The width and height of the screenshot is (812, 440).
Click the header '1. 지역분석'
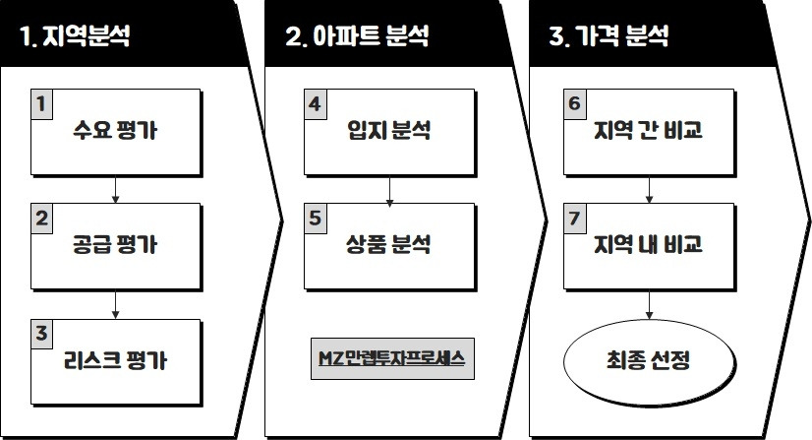(76, 38)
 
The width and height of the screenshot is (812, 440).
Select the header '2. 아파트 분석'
(356, 38)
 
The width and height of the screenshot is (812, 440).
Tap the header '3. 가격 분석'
(609, 38)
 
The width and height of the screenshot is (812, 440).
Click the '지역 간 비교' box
(648, 133)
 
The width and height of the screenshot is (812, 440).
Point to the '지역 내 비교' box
(648, 245)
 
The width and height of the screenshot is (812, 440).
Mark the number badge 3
(41, 333)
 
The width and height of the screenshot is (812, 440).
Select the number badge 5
(315, 219)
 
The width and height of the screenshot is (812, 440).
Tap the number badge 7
(575, 219)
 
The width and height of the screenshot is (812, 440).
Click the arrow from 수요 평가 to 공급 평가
(116, 189)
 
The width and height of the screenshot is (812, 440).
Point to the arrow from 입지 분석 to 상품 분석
(390, 189)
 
